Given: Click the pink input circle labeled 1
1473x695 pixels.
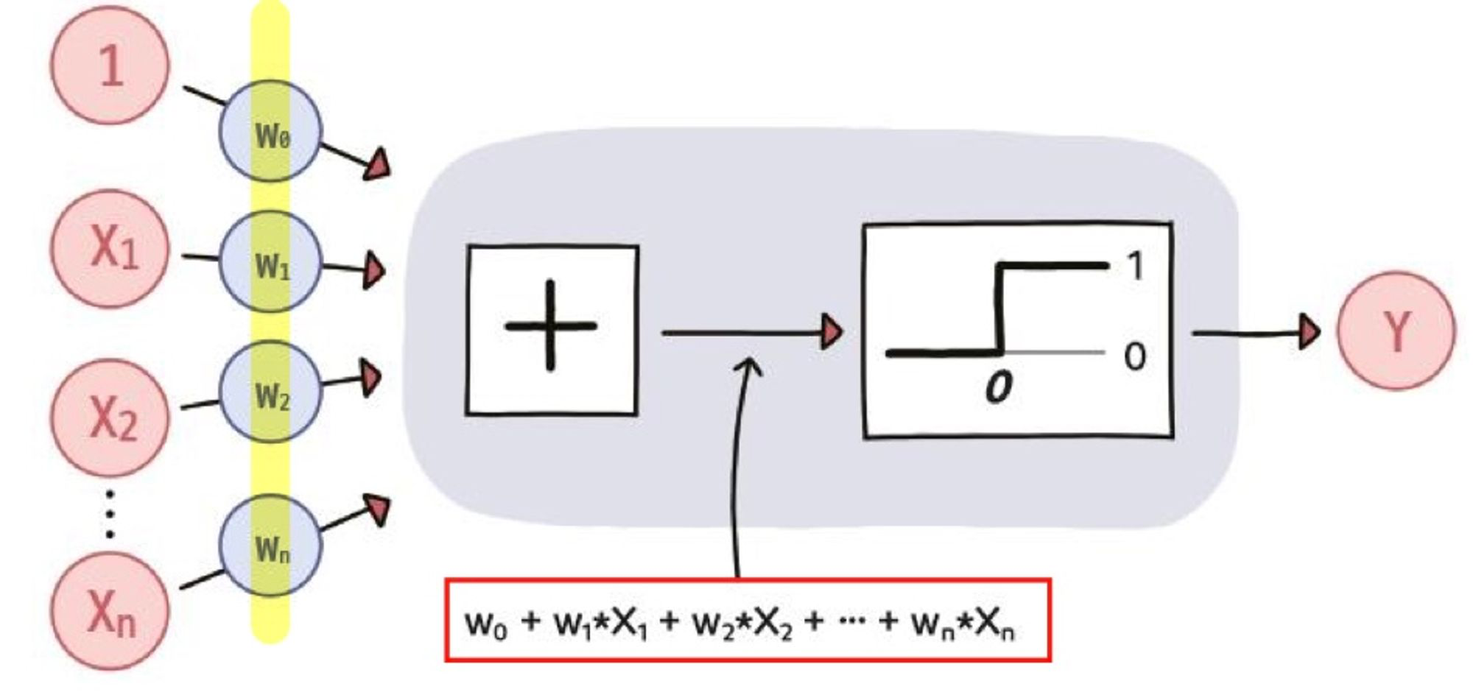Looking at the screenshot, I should coord(110,65).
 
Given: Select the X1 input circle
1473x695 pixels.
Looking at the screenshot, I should coord(110,248).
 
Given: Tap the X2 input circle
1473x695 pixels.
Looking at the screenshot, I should coord(110,417).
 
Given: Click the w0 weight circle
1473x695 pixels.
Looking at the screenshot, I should coord(270,132).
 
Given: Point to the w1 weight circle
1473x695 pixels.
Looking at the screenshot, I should coord(270,262).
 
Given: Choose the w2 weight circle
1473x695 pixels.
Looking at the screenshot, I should coord(270,392).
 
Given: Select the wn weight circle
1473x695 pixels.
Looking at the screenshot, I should coord(270,546).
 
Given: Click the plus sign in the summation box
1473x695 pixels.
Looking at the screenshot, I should coord(551,325).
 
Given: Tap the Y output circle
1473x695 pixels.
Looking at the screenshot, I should coord(1396,331).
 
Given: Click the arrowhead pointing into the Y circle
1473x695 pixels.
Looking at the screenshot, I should coord(1309,332).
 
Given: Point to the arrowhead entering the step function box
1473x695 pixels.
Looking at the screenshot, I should coord(832,332).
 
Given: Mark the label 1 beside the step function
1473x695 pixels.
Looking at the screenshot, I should coord(1135,266).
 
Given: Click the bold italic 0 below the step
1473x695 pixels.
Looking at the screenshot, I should coord(998,387).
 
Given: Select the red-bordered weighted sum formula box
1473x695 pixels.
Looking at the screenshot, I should coord(748,620).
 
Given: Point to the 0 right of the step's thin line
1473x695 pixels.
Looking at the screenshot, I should coord(1135,357).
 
